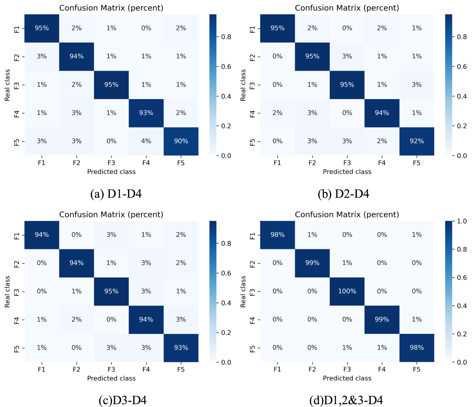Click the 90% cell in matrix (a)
(181, 141)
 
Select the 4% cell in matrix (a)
(146, 141)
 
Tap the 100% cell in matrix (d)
(347, 291)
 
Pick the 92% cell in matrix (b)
(417, 141)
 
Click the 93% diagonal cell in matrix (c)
(181, 348)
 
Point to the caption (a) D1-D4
(116, 194)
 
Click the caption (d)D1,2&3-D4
(346, 400)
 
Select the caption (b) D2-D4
(343, 194)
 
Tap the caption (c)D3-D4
(123, 400)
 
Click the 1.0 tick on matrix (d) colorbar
(462, 221)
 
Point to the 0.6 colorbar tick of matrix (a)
(226, 67)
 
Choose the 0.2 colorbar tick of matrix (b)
(462, 126)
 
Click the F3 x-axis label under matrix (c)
(111, 369)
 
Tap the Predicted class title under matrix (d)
(347, 378)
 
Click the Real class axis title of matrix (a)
(7, 85)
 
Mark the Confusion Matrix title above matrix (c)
(111, 214)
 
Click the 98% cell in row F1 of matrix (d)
(277, 235)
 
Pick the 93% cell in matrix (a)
(146, 113)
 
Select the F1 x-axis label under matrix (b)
(277, 163)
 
